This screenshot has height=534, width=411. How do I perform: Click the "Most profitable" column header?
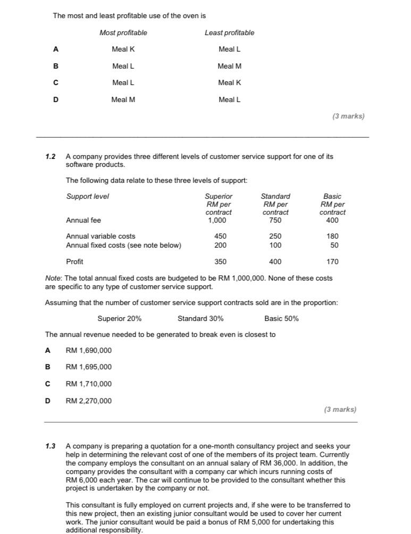coord(123,33)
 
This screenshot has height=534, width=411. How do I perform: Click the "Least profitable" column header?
coord(229,33)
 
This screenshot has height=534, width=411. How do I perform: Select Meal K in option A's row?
coord(123,49)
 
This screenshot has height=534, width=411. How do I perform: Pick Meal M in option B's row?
coord(229,66)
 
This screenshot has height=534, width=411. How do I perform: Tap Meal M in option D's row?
coord(123,99)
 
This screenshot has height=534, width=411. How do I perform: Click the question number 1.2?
coord(51,157)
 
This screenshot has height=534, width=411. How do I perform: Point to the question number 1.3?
coord(51,446)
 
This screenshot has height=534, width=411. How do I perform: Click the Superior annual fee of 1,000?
coord(219,220)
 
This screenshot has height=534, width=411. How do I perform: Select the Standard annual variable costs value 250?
coord(275,236)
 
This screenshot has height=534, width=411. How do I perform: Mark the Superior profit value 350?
coord(220,262)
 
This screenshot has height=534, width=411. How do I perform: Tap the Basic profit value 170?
coord(332,262)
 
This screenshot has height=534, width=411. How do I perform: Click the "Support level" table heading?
coord(87,197)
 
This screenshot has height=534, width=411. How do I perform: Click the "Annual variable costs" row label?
coord(100,236)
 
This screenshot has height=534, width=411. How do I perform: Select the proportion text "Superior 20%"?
coord(120,319)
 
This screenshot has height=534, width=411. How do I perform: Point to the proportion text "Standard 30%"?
coord(200,319)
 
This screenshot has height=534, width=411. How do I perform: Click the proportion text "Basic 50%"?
coord(281,319)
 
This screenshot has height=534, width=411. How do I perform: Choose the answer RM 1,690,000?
coord(88,351)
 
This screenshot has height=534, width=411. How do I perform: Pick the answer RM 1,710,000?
coord(88,384)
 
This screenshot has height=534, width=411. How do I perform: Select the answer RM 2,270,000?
coord(88,401)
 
